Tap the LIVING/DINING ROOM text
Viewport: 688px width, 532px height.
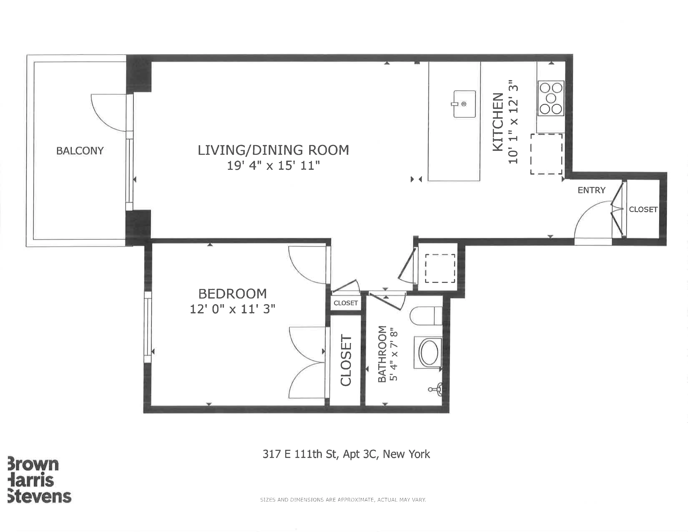tap(273, 150)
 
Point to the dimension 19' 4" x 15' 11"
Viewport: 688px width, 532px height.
tap(273, 165)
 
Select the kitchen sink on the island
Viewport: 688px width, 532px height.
tap(464, 104)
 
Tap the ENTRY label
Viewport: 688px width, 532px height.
tap(591, 190)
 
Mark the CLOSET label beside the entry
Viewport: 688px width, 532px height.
tap(643, 210)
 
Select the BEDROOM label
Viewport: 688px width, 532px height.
tap(232, 294)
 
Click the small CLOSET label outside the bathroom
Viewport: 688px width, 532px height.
tap(346, 303)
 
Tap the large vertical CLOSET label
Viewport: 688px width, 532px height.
tap(346, 360)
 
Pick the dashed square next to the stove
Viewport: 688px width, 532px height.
tap(546, 154)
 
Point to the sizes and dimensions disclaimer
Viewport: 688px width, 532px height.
tap(343, 499)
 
